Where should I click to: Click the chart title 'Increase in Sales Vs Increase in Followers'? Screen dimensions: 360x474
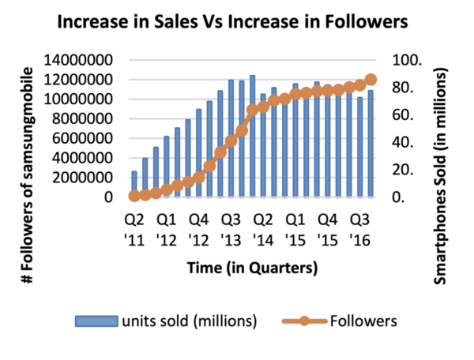[x=237, y=24]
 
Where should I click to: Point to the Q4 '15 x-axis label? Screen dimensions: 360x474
[x=327, y=227]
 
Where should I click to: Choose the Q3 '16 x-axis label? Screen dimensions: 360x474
[x=359, y=227]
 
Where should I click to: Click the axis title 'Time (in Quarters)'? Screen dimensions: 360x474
[x=252, y=268]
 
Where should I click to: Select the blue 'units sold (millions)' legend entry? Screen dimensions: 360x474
[x=167, y=321]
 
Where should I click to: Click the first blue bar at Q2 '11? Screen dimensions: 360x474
[x=134, y=184]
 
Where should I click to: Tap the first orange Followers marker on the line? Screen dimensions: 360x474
[x=134, y=196]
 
